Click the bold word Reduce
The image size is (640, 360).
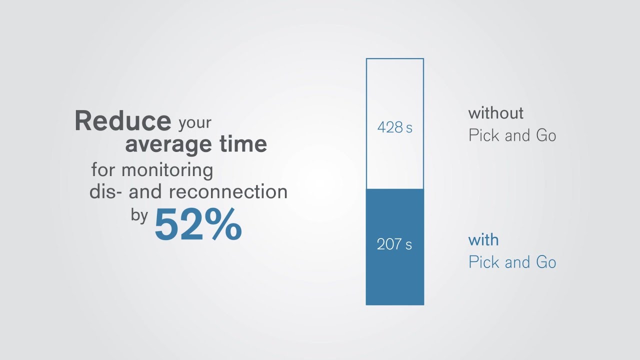(x=122, y=121)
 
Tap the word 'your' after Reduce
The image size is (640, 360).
(x=195, y=123)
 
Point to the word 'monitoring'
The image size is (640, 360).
(x=167, y=170)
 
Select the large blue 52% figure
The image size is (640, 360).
(x=198, y=225)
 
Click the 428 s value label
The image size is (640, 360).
(x=394, y=128)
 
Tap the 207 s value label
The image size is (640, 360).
(x=394, y=244)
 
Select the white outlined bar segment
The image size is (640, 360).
(x=395, y=90)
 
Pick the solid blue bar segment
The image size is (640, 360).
(x=395, y=280)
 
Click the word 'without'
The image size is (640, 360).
(x=495, y=113)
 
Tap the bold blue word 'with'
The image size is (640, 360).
(x=483, y=240)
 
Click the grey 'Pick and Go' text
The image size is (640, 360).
(x=512, y=135)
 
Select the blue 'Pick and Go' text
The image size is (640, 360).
(x=512, y=262)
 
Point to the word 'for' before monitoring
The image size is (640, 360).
(x=103, y=170)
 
